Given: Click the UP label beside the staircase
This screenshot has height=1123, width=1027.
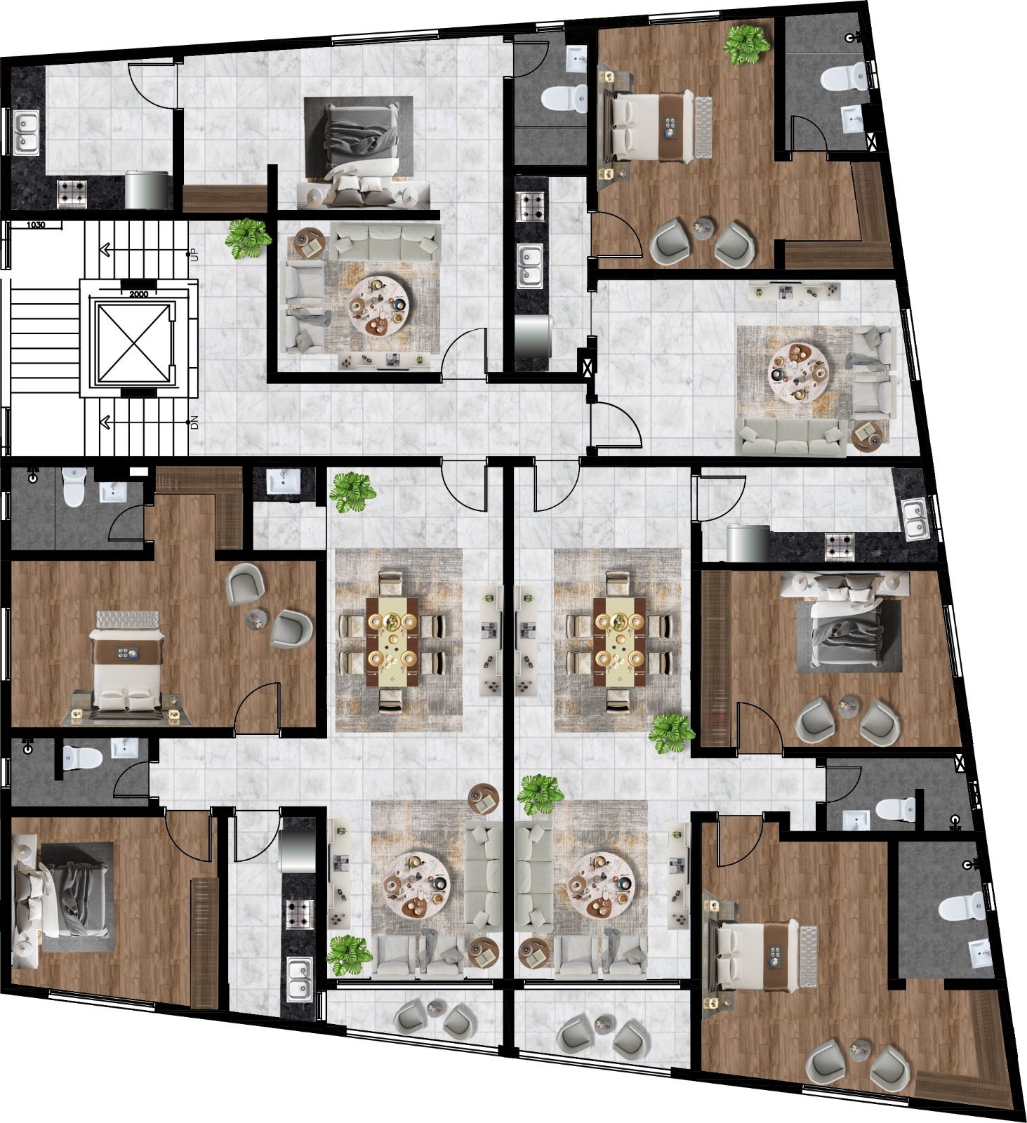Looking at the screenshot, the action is click(x=194, y=254).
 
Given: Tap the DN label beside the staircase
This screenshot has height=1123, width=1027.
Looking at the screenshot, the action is click(x=194, y=423).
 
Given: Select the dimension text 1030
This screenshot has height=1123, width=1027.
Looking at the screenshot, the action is click(x=36, y=225).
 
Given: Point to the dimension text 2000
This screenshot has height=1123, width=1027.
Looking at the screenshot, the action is click(x=138, y=294).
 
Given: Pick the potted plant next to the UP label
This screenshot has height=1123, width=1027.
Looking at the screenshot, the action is click(x=248, y=239).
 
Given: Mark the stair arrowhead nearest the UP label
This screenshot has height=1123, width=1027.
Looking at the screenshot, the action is click(x=106, y=248).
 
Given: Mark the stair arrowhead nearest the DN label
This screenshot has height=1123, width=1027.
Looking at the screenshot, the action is click(x=106, y=422).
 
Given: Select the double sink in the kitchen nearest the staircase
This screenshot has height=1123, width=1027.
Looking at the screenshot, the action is click(x=26, y=133).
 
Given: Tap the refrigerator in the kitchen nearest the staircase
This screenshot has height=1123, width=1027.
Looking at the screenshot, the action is click(x=147, y=190).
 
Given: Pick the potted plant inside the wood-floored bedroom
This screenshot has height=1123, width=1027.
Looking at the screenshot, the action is click(x=747, y=44).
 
